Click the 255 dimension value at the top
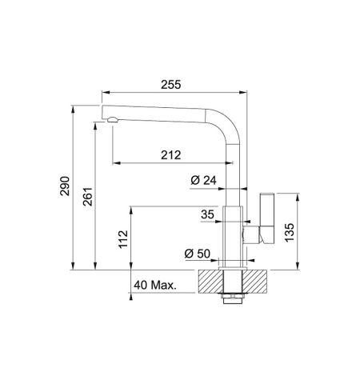[x=171, y=85]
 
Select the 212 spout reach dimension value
[x=171, y=155]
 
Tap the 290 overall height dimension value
[x=65, y=186]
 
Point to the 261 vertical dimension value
[x=88, y=197]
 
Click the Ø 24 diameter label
[x=204, y=180]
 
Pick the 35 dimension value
[x=207, y=214]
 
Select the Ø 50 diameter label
[x=198, y=254]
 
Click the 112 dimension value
[x=123, y=239]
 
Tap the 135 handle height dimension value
[x=290, y=232]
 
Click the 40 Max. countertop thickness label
[x=155, y=285]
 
